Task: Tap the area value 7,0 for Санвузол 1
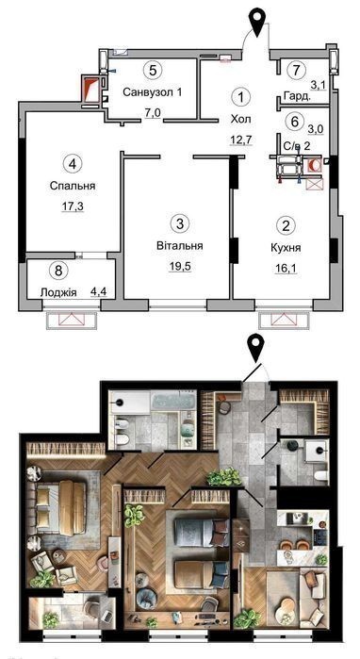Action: (x=154, y=112)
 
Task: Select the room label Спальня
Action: (x=73, y=186)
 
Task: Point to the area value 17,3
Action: (x=73, y=206)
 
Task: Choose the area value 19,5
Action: (x=181, y=267)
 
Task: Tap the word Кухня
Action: (x=286, y=248)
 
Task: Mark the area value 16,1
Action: (x=286, y=268)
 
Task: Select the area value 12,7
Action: (x=240, y=140)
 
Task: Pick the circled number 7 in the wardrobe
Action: (x=297, y=70)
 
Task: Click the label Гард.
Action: (x=297, y=96)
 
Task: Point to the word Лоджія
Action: (x=58, y=292)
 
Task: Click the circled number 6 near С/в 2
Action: (x=294, y=122)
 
